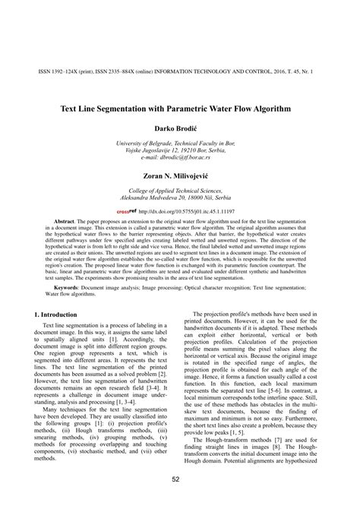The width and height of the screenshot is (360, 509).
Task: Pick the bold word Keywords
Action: (x=62, y=267)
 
